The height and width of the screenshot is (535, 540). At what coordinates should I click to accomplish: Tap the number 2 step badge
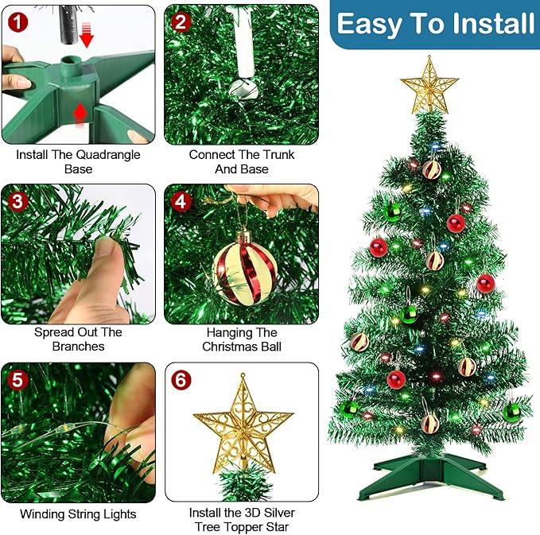(x=181, y=21)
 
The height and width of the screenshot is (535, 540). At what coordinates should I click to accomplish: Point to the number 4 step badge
(x=181, y=200)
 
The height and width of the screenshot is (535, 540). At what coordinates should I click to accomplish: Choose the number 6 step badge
(x=182, y=379)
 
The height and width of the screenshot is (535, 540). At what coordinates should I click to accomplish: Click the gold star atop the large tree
(x=429, y=84)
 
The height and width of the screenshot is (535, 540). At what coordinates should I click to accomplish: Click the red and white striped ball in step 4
(x=246, y=267)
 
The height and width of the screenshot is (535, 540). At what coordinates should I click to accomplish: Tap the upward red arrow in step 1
(x=80, y=116)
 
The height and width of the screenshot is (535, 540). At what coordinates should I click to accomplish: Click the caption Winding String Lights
(x=78, y=514)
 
